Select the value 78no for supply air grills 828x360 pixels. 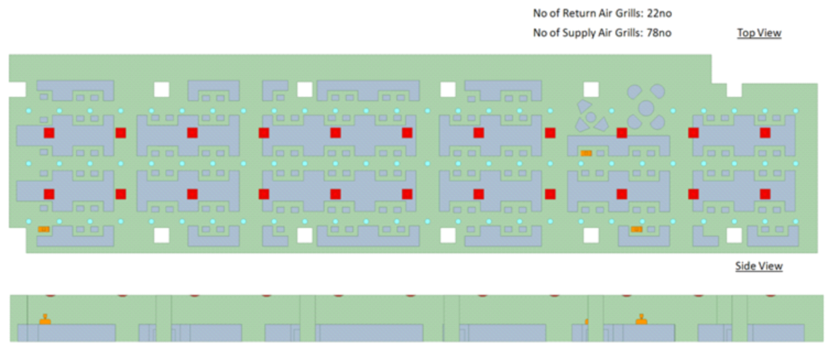pyautogui.click(x=658, y=33)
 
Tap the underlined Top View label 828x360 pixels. pyautogui.click(x=758, y=33)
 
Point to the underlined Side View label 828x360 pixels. pyautogui.click(x=758, y=266)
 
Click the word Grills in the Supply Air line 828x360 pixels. pyautogui.click(x=623, y=33)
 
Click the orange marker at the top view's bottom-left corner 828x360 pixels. pyautogui.click(x=44, y=229)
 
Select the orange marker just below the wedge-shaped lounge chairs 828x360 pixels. pyautogui.click(x=586, y=153)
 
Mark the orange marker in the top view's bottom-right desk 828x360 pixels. pyautogui.click(x=637, y=229)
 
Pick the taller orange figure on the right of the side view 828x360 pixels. pyautogui.click(x=641, y=318)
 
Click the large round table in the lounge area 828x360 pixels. pyautogui.click(x=646, y=108)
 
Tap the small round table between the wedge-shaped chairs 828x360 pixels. pyautogui.click(x=591, y=116)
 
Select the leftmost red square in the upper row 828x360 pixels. pyautogui.click(x=49, y=133)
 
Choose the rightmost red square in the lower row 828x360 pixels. pyautogui.click(x=765, y=194)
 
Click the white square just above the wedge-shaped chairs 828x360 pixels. pyautogui.click(x=591, y=89)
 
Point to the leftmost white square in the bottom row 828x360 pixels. pyautogui.click(x=162, y=235)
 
